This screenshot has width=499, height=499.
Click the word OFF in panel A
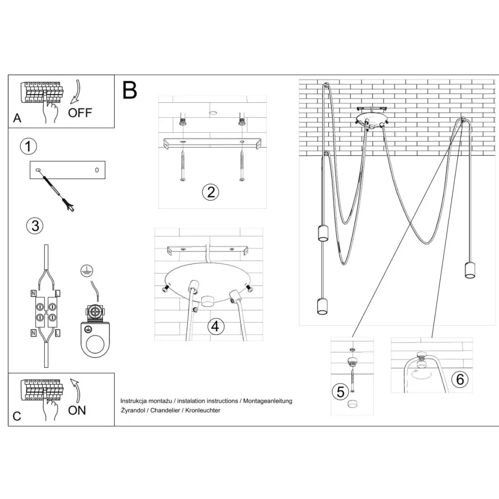(x=80, y=113)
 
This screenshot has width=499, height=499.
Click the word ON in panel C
(x=77, y=410)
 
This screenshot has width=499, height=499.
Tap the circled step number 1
(x=28, y=147)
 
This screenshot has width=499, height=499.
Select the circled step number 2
(x=210, y=192)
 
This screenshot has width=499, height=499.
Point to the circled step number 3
(x=34, y=226)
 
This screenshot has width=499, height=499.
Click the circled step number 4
(x=216, y=326)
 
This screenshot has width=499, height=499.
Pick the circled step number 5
(x=340, y=392)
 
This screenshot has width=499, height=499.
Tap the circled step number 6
(x=460, y=380)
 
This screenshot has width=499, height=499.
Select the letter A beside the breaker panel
(x=17, y=118)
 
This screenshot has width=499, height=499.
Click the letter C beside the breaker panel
(x=17, y=416)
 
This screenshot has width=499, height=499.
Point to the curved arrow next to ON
(x=76, y=390)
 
